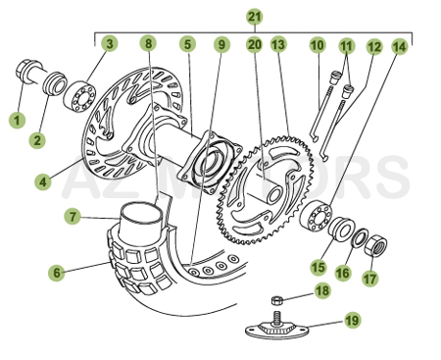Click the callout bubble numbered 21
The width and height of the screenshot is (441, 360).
(x=255, y=17)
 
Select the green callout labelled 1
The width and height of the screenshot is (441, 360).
(x=16, y=120)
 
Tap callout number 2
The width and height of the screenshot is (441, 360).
(x=36, y=140)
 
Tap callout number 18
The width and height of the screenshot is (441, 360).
(x=321, y=290)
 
